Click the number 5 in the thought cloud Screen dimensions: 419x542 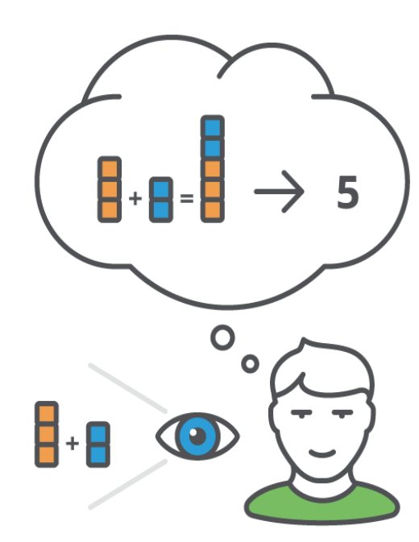[347, 192]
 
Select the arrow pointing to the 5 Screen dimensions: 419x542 [279, 191]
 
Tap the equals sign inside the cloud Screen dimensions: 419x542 [187, 198]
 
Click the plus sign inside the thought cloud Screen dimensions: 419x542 [135, 198]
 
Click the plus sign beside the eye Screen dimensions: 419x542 [73, 443]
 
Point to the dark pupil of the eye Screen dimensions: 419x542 [198, 436]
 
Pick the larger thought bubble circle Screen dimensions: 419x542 [222, 337]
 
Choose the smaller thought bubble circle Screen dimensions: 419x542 [250, 364]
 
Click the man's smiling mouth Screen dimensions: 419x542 [322, 453]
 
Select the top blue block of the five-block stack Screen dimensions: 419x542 [212, 127]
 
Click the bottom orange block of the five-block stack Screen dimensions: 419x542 [212, 210]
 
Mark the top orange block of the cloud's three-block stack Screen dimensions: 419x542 [110, 168]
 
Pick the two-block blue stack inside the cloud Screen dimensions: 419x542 [161, 200]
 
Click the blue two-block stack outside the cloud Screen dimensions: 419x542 [98, 445]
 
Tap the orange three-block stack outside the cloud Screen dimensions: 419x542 [47, 434]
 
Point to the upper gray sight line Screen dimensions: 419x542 [128, 388]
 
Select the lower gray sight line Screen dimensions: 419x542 [128, 484]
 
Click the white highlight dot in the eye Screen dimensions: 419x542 [193, 432]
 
